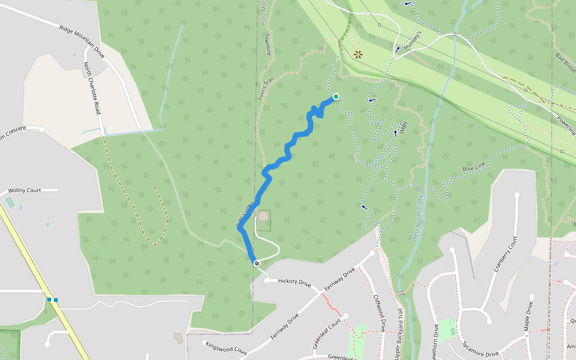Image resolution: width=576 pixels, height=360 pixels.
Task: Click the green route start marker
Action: tap(335, 97)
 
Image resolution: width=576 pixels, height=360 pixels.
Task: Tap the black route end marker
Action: tap(257, 263)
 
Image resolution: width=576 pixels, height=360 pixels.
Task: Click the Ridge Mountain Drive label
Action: tap(82, 41)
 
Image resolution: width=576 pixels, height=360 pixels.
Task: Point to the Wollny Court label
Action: tap(25, 190)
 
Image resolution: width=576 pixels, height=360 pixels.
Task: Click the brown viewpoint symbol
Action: tap(358, 54)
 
